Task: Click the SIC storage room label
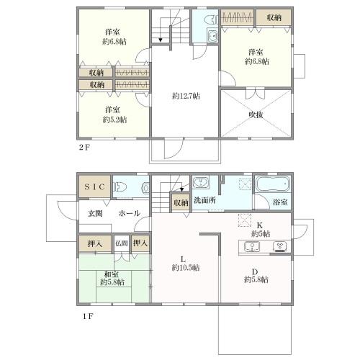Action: coord(94,186)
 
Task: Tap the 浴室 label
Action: coord(280,202)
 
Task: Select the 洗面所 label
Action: coord(204,200)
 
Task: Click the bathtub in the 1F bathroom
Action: coord(273,184)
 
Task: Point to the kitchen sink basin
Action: coord(252,246)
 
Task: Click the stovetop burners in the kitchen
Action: coord(279,246)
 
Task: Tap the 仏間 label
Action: coord(121,243)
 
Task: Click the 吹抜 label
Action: coord(256,114)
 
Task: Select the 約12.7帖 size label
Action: coord(186,96)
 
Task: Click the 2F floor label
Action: coord(84,147)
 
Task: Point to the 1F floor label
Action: coord(88,316)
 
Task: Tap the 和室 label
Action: coord(112,274)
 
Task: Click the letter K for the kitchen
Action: coord(259,225)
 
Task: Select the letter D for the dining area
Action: coord(255,272)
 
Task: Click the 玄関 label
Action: coord(95,213)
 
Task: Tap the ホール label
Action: coord(129,213)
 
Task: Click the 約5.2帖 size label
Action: coord(114,120)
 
